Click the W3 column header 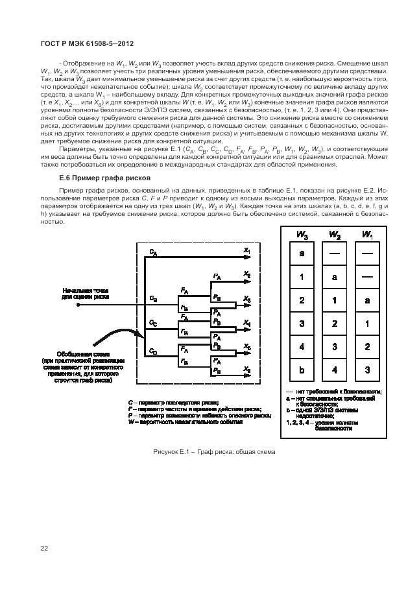302,235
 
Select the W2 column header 334,235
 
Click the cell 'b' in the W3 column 302,370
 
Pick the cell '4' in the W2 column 334,370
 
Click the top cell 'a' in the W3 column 302,254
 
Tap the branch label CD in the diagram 152,351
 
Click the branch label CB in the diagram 152,299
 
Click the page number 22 44,548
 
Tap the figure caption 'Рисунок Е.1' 214,452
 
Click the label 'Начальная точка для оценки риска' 82,294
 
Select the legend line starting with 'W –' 185,421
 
